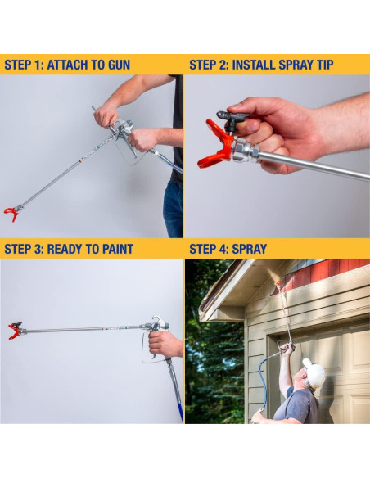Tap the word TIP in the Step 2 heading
pos(323,65)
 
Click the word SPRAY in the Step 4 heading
pos(249,249)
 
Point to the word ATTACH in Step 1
pos(65,65)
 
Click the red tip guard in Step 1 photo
pos(11,214)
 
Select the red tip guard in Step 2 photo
pos(215,145)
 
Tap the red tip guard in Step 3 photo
pos(14,331)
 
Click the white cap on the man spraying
pos(314,372)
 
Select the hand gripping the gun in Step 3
pos(165,344)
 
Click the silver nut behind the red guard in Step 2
pos(245,151)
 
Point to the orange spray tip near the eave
pos(277,284)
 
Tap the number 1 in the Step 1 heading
pos(38,65)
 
